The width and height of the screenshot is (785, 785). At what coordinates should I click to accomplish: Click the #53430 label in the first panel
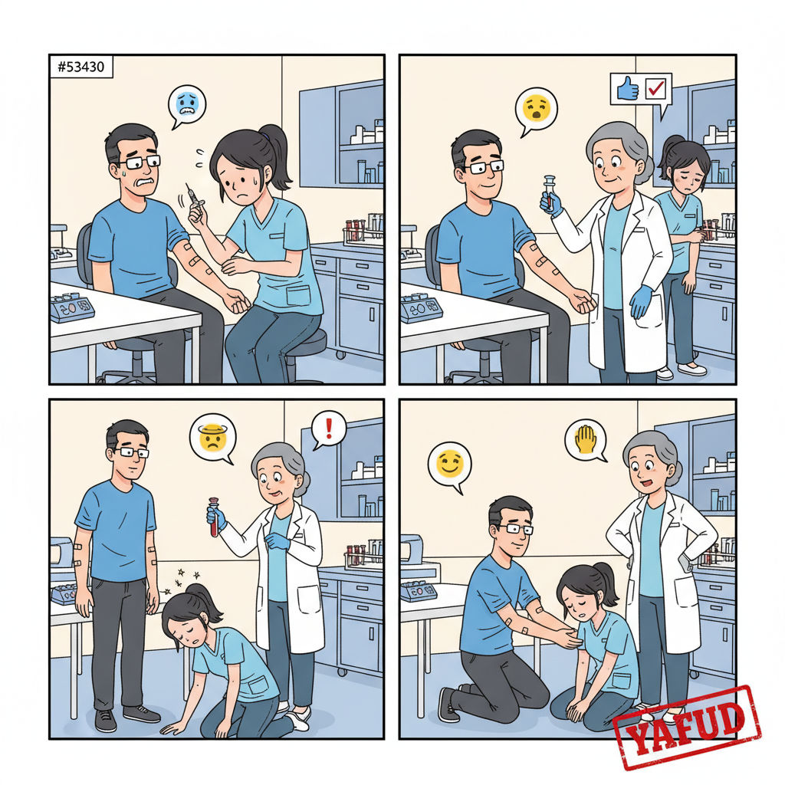[x=81, y=67]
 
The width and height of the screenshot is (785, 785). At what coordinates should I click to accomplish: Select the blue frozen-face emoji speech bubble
[x=187, y=107]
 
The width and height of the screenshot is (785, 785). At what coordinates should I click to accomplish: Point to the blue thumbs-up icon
[x=628, y=89]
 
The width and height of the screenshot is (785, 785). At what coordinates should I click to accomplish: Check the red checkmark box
[x=656, y=89]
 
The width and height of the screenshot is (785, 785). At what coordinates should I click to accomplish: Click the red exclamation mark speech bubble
[x=328, y=430]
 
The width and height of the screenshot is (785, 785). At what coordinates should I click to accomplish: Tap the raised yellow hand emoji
[x=585, y=439]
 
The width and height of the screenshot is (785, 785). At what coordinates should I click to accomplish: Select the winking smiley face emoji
[x=449, y=463]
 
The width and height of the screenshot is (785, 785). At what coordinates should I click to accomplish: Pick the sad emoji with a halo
[x=213, y=437]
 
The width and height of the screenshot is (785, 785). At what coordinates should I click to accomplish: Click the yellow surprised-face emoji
[x=536, y=107]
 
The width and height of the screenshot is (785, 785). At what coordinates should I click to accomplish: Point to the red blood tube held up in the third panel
[x=215, y=517]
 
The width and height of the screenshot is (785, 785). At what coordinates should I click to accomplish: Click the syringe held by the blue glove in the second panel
[x=550, y=192]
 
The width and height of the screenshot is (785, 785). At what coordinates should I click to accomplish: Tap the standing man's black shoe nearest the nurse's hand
[x=142, y=714]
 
